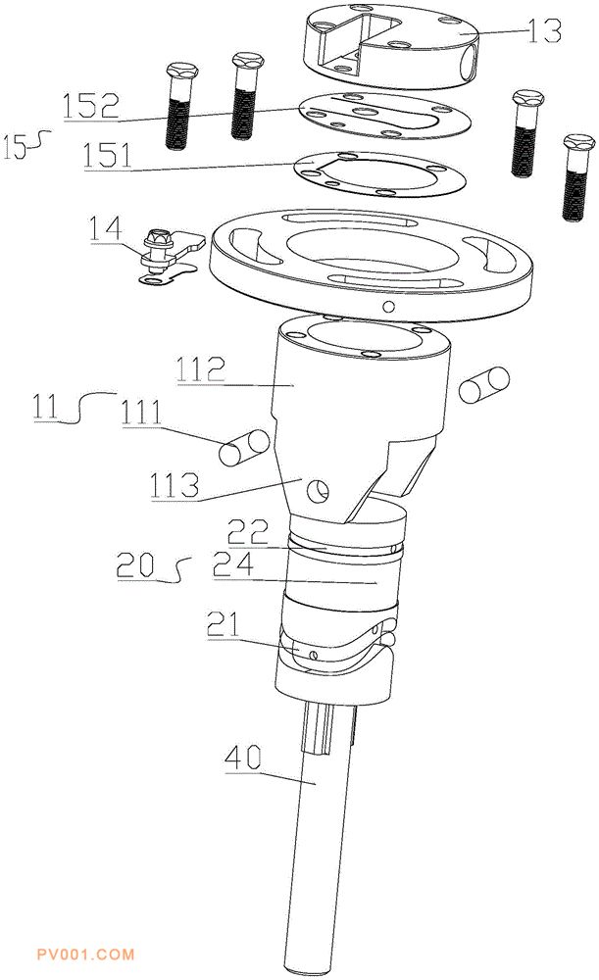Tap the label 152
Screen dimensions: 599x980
(90, 106)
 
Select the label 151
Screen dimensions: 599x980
(107, 155)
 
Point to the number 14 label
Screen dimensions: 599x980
(106, 228)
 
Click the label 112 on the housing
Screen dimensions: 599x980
(200, 368)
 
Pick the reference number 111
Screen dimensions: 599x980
(141, 414)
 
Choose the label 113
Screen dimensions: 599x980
(175, 485)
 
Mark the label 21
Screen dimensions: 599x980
(225, 624)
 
